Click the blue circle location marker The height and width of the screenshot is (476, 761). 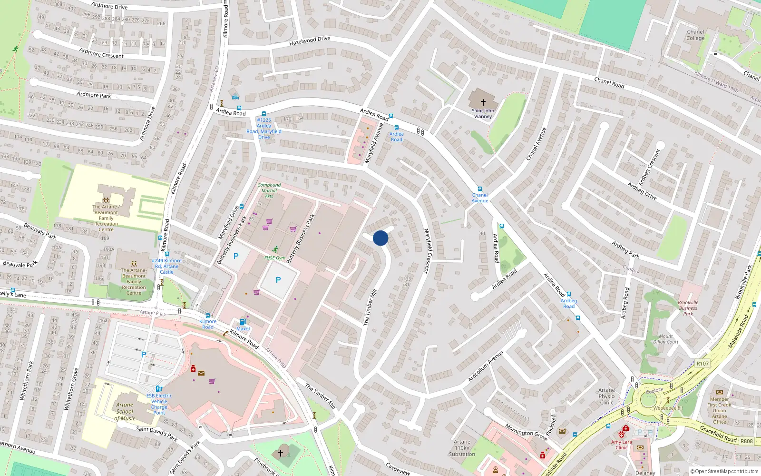click(380, 238)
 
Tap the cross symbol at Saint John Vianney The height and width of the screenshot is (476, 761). click(483, 102)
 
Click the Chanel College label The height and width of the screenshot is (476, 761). click(695, 35)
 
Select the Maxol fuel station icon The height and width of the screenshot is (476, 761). click(243, 322)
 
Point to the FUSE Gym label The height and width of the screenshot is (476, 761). click(275, 258)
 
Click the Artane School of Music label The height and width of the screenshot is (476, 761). click(125, 412)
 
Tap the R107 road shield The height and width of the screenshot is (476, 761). click(702, 363)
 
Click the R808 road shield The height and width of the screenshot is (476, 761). click(746, 441)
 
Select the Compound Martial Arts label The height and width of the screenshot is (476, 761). click(269, 190)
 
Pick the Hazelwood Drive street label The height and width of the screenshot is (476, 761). click(310, 41)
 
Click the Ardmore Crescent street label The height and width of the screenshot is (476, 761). click(101, 53)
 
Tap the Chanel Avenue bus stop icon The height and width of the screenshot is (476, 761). click(479, 189)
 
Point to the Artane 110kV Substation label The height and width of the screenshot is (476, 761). click(462, 448)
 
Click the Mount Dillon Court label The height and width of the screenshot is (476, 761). click(666, 339)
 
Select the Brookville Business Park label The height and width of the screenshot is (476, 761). click(688, 308)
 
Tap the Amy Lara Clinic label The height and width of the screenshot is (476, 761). click(622, 445)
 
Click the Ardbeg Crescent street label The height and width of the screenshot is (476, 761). click(649, 167)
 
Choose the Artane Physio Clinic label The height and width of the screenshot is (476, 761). click(606, 396)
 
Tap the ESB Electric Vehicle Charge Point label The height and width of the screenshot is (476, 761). click(159, 404)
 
